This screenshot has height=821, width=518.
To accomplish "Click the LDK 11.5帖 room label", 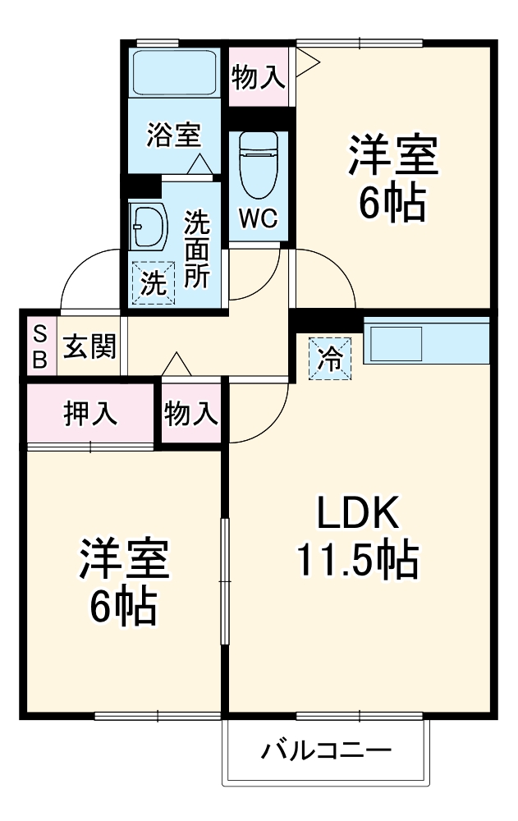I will click(357, 538).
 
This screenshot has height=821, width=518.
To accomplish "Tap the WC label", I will click(259, 219).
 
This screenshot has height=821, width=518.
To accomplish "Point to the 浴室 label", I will click(173, 134).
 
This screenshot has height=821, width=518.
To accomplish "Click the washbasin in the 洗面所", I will click(148, 225).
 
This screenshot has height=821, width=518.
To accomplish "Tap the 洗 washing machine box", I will click(154, 283).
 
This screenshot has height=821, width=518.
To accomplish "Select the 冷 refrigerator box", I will click(330, 358).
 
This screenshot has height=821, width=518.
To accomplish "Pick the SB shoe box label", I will click(39, 346).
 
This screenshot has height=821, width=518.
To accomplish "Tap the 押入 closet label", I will click(90, 414).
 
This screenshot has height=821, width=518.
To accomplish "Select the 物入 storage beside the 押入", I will click(191, 414).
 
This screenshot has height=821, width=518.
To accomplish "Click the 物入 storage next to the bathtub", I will click(259, 77).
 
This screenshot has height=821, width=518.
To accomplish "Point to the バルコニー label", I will click(327, 750).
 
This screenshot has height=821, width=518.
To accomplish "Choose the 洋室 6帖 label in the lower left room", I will click(123, 581).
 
